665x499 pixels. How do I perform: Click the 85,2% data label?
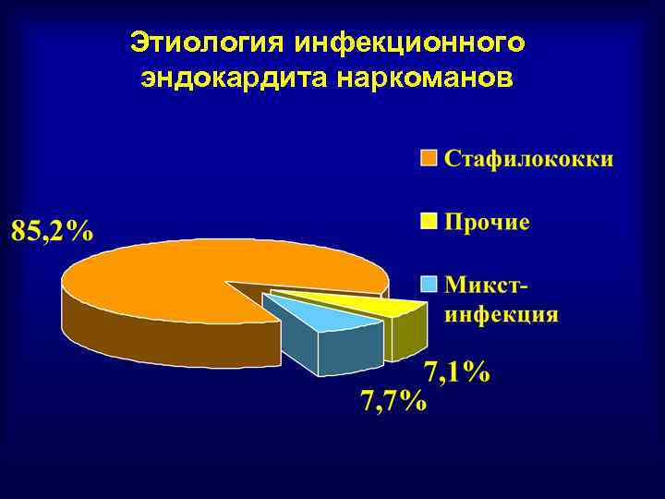53,231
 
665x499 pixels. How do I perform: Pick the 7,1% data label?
457,371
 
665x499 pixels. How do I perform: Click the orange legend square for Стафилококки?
429,159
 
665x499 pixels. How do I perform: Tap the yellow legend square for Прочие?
429,222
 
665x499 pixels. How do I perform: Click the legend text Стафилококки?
529,159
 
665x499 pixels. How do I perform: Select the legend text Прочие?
487,223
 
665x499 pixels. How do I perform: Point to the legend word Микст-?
490,283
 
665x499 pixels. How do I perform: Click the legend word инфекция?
502,312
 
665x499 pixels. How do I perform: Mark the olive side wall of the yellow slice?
406,335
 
